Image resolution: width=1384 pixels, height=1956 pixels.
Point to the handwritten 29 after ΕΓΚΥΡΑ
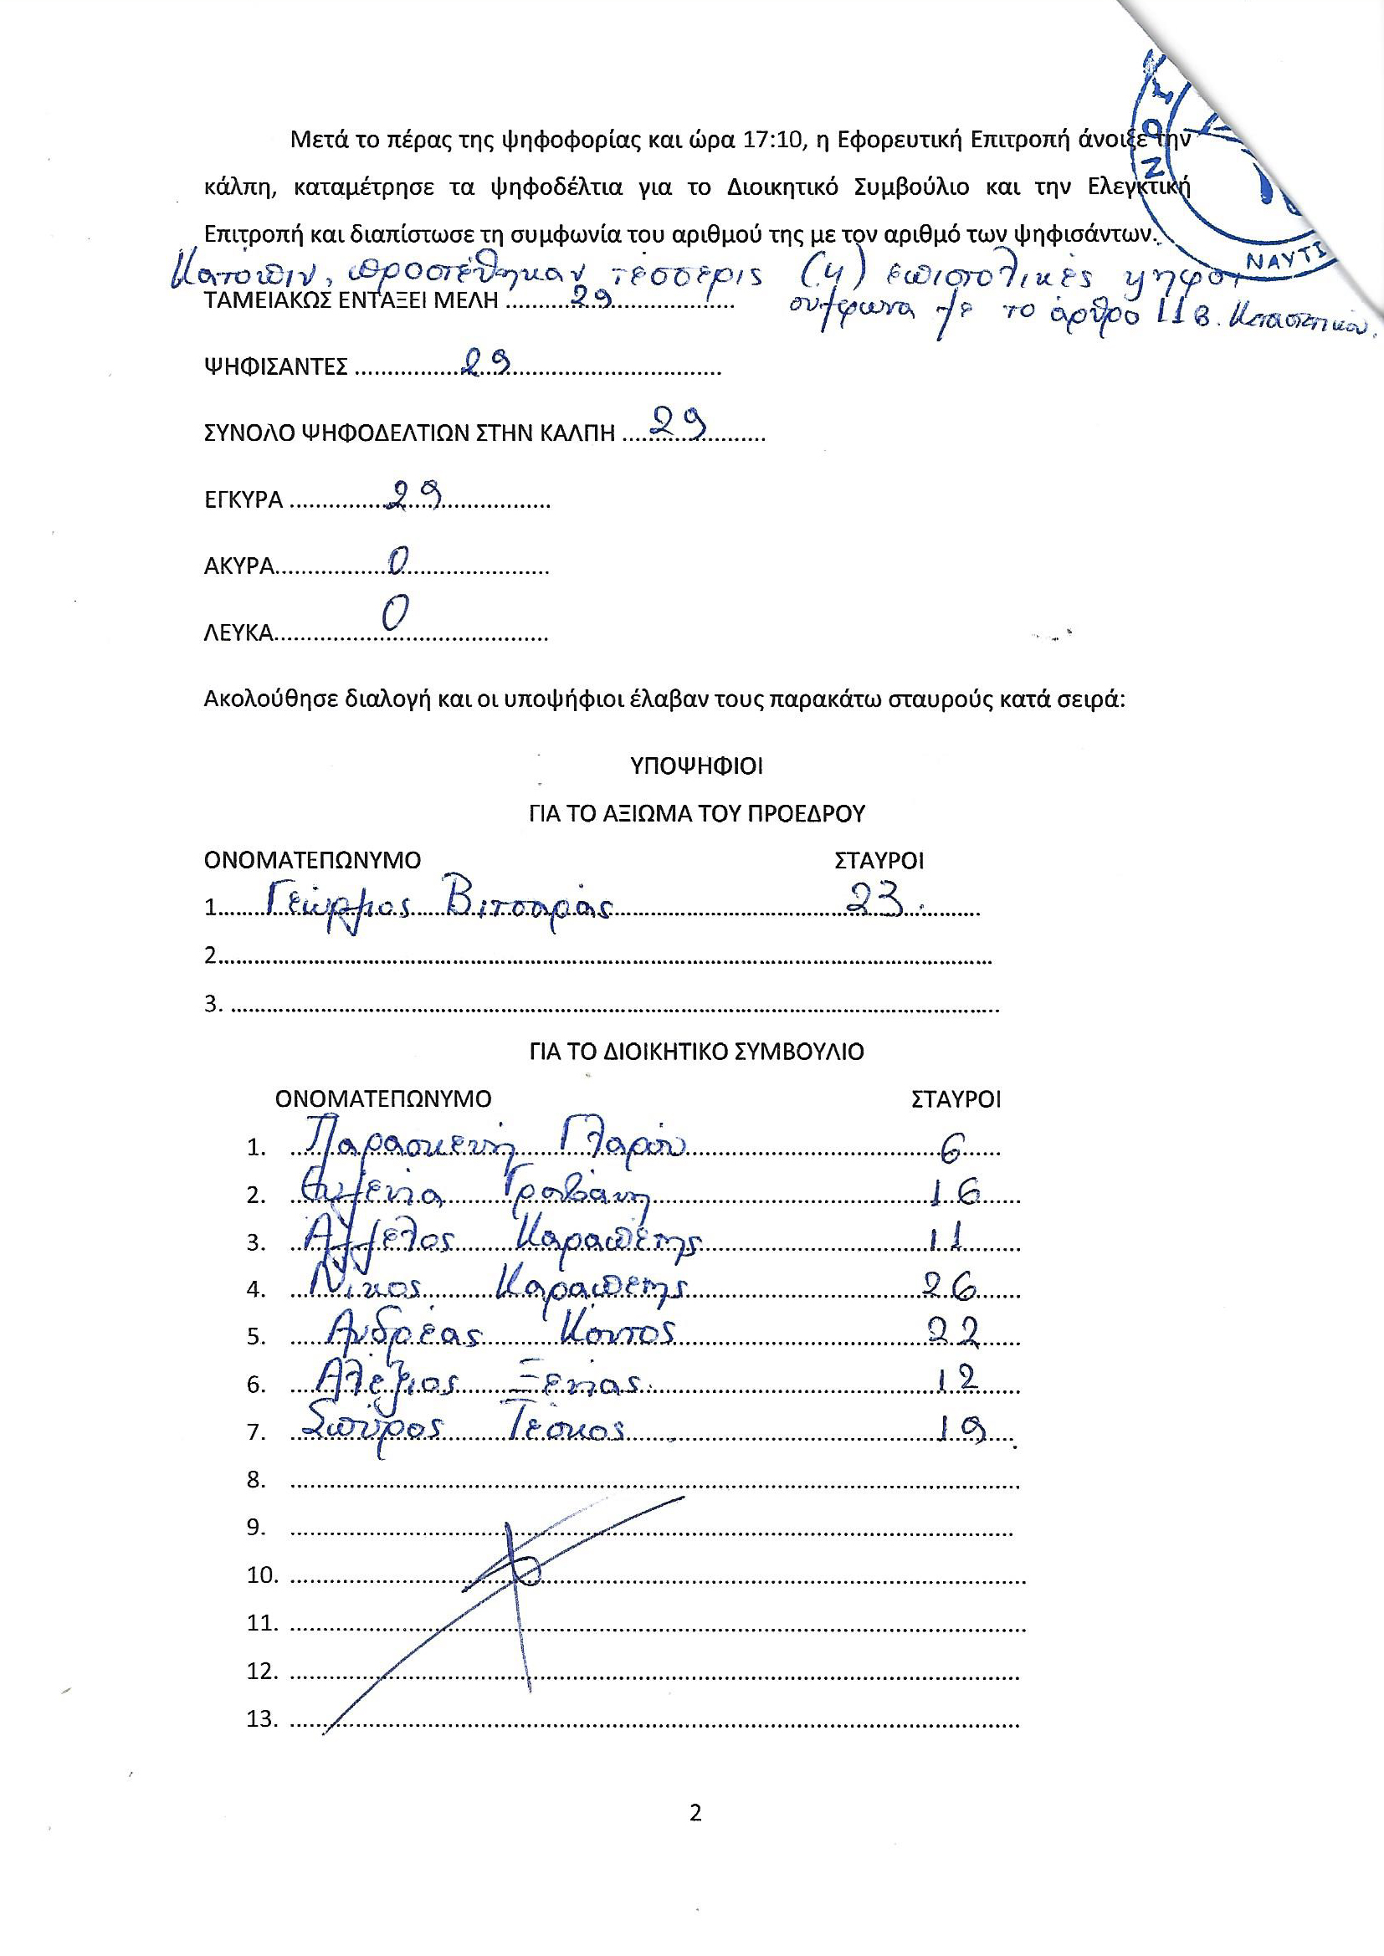tap(413, 495)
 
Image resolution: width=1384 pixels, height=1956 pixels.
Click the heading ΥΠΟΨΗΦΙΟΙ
tap(695, 766)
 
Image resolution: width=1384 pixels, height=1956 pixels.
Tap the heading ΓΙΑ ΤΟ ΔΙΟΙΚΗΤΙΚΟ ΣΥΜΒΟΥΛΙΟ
tap(695, 1052)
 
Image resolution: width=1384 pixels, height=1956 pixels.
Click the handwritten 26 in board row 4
tap(955, 1290)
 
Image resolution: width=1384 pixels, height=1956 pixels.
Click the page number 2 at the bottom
tap(695, 1814)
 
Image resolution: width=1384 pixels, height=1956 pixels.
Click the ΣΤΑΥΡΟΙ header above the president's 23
tap(879, 859)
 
